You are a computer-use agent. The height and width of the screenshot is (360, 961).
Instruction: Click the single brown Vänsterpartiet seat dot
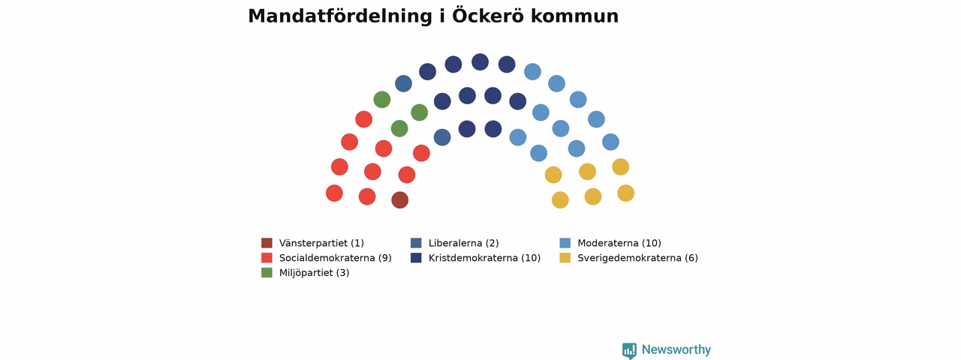click(400, 199)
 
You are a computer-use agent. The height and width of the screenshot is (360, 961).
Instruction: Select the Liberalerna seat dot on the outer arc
click(403, 83)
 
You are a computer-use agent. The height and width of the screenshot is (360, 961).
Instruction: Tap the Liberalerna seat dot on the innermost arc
click(442, 137)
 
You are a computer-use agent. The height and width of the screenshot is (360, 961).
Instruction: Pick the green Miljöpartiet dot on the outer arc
click(382, 100)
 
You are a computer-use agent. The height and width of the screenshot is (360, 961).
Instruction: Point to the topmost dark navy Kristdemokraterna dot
click(480, 62)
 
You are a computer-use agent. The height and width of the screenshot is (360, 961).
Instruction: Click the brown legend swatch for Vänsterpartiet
click(267, 243)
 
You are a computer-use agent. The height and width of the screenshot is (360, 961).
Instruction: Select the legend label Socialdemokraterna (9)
click(336, 258)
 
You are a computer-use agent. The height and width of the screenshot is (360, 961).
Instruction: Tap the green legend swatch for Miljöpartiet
click(267, 272)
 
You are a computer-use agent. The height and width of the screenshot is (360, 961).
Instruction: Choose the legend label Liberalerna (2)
click(464, 243)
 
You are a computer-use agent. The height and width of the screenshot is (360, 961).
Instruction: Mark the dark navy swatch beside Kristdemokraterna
click(416, 257)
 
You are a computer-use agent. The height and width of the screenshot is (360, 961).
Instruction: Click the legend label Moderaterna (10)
click(619, 243)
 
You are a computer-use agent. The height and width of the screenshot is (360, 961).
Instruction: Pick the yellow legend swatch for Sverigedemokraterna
click(565, 257)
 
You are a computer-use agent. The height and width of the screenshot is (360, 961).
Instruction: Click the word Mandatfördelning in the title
click(340, 16)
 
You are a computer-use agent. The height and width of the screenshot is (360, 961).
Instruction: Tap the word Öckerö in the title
click(488, 16)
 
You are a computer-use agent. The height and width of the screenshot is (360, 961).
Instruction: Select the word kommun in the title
click(574, 16)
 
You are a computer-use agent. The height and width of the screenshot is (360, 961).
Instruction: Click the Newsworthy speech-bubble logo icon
click(629, 350)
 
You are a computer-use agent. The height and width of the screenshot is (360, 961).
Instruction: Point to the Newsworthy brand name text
click(676, 349)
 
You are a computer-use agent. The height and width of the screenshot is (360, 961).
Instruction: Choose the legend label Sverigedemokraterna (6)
click(638, 258)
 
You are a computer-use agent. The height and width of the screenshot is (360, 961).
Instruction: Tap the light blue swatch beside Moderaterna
click(565, 243)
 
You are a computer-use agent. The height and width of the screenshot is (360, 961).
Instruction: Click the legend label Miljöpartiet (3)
click(315, 273)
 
